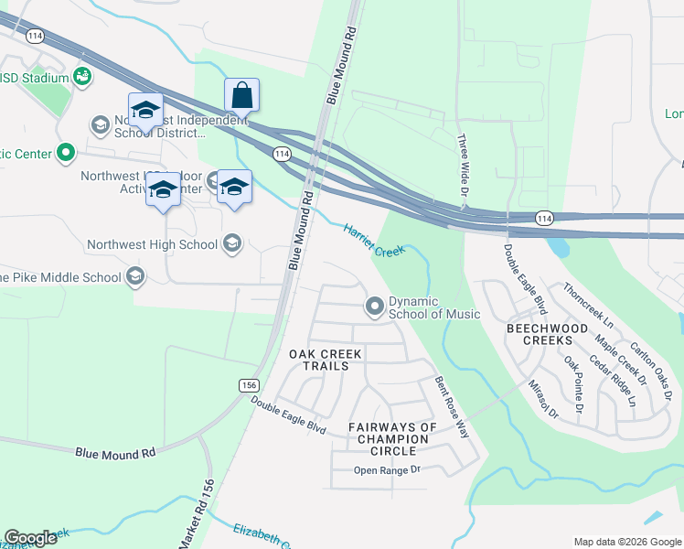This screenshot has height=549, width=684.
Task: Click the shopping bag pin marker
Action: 241,95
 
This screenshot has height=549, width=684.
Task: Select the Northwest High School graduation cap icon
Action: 232,243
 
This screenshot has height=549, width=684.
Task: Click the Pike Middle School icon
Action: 135,276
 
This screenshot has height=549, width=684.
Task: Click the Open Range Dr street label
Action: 387,470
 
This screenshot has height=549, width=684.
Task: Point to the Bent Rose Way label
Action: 452,407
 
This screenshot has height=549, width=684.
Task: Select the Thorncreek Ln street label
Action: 588,304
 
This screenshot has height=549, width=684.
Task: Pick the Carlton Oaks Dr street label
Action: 651,371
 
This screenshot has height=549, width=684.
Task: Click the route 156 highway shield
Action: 249,385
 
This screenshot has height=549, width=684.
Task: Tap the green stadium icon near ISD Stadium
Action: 83,77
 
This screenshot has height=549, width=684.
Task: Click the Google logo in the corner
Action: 30,538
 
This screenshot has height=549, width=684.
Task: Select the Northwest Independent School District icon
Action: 100,124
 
